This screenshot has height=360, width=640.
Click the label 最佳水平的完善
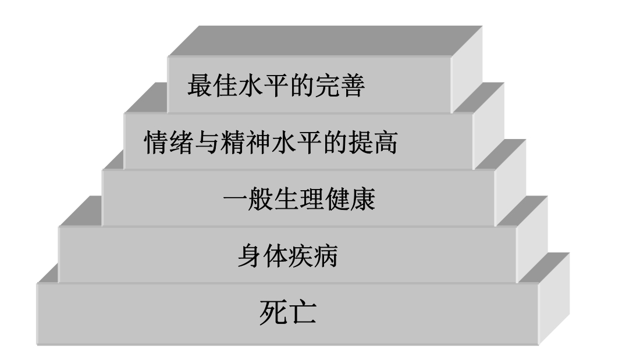coord(276,87)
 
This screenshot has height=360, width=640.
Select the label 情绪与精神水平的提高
coord(271,143)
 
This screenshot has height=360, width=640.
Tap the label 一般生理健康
coord(299,201)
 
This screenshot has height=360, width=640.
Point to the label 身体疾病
coord(287,256)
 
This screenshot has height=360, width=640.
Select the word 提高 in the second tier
coord(379,143)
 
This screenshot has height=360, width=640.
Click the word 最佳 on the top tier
coord(205,87)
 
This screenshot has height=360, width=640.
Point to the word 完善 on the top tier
coord(346,87)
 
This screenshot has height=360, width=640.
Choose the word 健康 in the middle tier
coord(356,201)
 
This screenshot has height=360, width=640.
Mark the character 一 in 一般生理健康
coord(233,201)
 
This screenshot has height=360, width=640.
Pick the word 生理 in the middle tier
coord(300,201)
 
